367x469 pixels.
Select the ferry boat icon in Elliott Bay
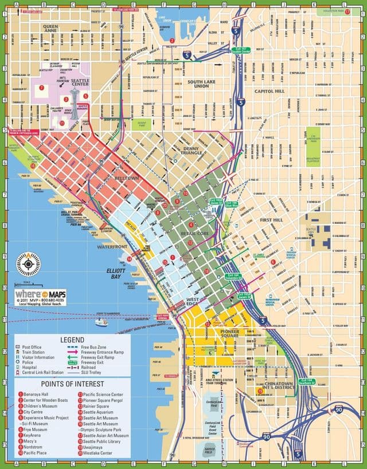[101, 322]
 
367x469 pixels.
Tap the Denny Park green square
[140, 124]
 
